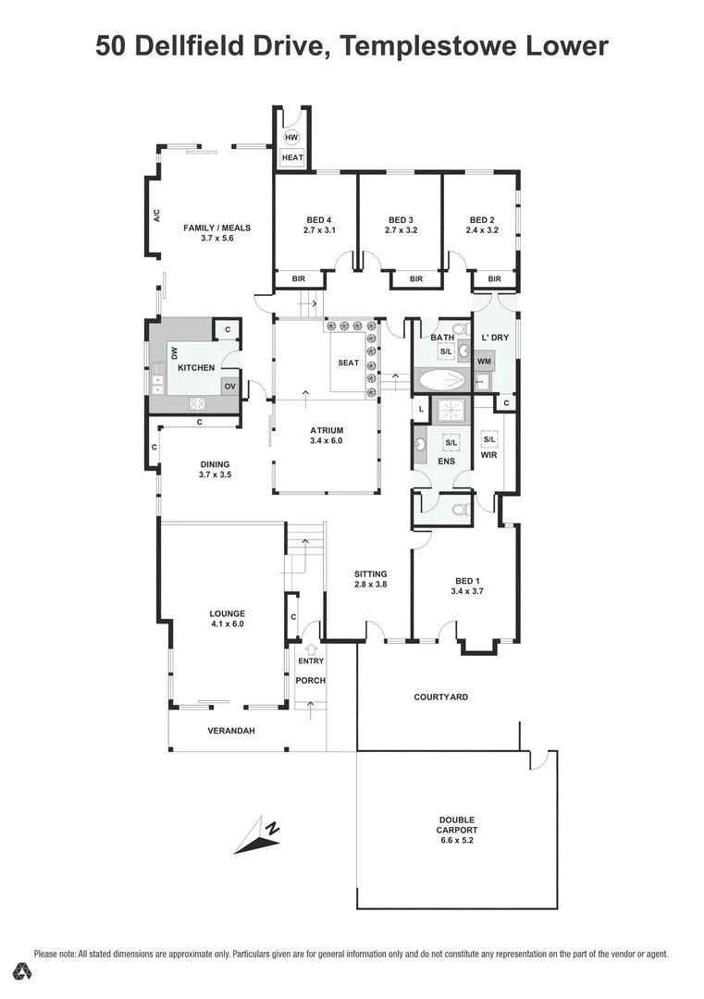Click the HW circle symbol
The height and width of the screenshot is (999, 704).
point(292,138)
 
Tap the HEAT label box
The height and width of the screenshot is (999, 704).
point(292,158)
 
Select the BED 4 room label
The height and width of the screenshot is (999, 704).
point(316,220)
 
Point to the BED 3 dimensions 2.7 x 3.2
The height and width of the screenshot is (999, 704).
point(401,231)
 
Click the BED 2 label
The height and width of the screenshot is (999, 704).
point(482,220)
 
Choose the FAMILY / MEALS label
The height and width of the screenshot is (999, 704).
point(216,228)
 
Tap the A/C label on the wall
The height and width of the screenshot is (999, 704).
point(157,216)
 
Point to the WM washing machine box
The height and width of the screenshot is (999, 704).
point(484,361)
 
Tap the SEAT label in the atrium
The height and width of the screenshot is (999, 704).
point(348,363)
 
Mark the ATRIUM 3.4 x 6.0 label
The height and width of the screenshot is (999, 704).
point(327,436)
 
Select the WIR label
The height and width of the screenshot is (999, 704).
point(489,455)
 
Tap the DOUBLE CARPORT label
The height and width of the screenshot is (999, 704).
point(457,825)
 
